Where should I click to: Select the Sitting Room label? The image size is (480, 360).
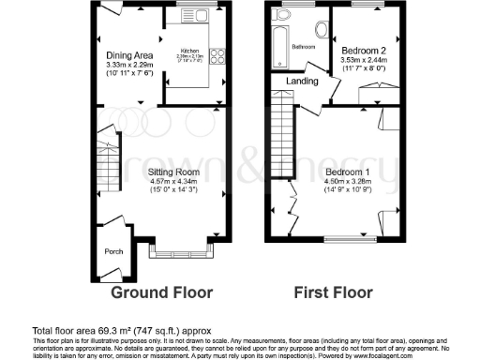pos(175,172)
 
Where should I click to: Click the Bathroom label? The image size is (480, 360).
pos(302,46)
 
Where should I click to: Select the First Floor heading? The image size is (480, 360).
pos(333,292)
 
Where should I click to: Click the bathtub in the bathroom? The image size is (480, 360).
pos(277,41)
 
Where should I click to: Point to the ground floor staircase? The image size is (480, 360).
pos(109,169)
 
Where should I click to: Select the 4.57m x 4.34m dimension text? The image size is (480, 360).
pos(175,181)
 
